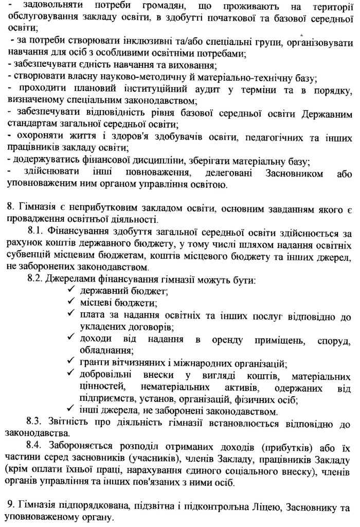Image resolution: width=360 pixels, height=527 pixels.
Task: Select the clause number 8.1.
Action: click(37, 233)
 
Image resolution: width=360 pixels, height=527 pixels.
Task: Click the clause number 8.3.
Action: click(37, 424)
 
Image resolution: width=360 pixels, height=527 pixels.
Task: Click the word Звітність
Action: click(71, 424)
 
